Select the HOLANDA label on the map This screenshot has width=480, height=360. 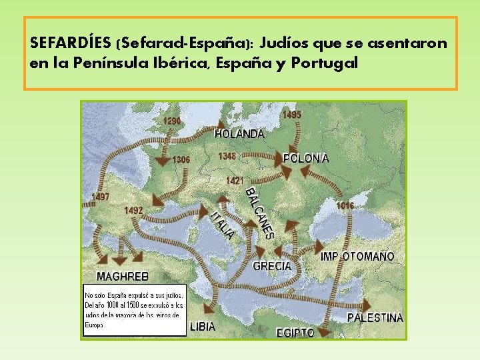[239, 134]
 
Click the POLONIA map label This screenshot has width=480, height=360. [305, 159]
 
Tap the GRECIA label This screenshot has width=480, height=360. [271, 266]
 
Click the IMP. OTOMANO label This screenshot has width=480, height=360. [357, 257]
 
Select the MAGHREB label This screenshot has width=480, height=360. [123, 276]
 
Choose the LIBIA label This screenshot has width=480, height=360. [203, 327]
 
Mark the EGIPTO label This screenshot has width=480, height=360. [295, 332]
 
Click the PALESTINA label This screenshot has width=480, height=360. [375, 318]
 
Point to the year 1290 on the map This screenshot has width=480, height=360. [172, 121]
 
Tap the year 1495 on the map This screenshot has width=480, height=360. [291, 115]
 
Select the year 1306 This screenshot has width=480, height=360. [181, 160]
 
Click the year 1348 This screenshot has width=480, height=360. [227, 157]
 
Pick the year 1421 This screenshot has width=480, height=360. [235, 181]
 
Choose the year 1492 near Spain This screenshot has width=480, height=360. [133, 210]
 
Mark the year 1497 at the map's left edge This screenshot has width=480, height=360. [100, 197]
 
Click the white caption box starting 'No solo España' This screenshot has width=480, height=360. [134, 311]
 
